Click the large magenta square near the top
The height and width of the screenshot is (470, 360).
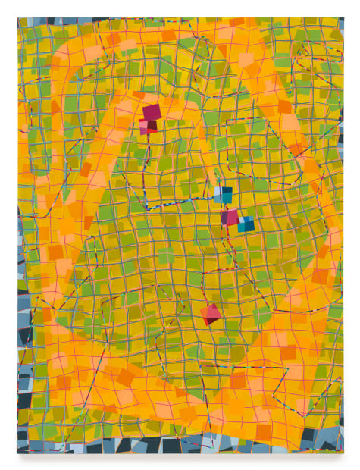click(152, 113)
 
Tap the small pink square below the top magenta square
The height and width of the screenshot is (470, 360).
click(144, 127)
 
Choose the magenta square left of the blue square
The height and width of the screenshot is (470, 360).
click(230, 218)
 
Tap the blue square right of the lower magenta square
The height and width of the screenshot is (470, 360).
click(246, 224)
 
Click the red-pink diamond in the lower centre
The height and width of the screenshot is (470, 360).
click(213, 312)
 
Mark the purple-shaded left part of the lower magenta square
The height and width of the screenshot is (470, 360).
click(224, 219)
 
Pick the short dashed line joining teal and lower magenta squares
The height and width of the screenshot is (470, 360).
click(225, 206)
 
